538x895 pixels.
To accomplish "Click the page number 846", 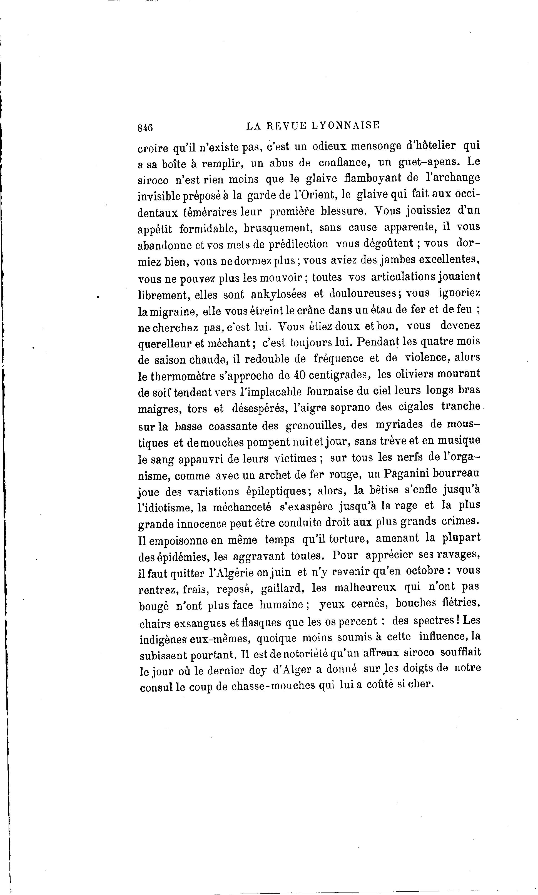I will point(145,128).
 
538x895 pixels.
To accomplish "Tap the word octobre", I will point(425,571).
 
